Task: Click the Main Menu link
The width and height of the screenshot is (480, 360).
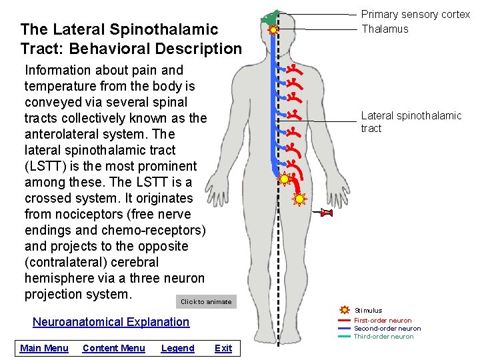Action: pos(44,348)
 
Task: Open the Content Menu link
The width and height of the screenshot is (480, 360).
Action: pos(113,348)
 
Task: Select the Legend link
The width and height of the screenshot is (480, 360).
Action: pos(177,348)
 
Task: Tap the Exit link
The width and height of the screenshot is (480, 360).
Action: pos(223,348)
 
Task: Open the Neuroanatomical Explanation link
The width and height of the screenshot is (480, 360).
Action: pos(111,322)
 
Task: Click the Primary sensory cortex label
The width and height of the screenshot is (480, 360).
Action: pos(415,15)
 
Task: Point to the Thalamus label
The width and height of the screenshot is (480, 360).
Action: pos(385,29)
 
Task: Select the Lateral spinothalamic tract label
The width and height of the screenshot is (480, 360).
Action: pos(411,122)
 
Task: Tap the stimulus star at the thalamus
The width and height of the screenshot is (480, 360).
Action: pos(273,30)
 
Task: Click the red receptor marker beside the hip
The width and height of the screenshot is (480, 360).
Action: pos(326,213)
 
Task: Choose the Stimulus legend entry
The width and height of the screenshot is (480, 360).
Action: pos(368,310)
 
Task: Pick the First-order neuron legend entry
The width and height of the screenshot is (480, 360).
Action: pos(383,321)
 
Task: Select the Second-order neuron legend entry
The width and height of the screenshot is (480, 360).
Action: pos(387,329)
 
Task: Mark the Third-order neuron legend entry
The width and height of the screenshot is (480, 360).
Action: pos(383,337)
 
